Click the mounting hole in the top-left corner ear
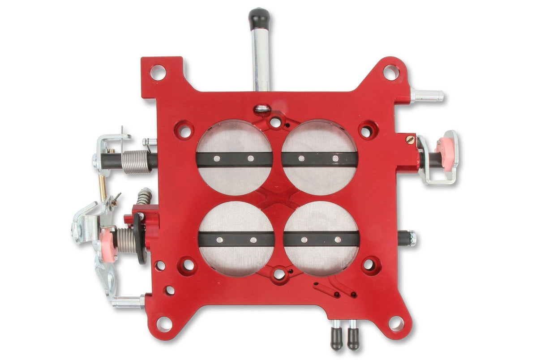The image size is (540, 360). point(158,72)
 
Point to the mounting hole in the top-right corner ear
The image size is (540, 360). point(391,72)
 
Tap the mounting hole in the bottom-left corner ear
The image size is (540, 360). point(164,324)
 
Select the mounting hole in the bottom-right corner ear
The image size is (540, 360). point(396,324)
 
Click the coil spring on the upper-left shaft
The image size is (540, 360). point(136,162)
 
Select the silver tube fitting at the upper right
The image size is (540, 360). point(427,95)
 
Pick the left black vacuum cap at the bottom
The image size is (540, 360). point(336,339)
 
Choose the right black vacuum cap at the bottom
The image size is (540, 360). point(353,339)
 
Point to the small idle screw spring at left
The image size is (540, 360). point(144,196)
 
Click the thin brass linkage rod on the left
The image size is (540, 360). point(103,183)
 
